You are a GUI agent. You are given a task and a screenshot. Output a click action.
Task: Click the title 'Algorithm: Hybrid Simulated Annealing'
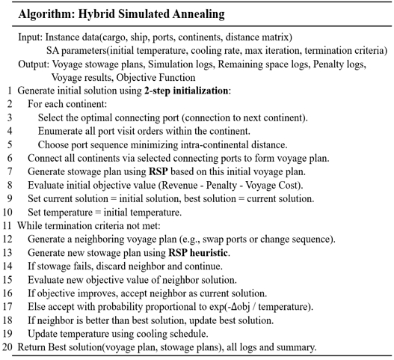(118, 13)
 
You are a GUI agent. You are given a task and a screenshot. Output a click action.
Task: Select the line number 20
(7, 347)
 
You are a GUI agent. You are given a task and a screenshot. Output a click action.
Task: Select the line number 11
(7, 225)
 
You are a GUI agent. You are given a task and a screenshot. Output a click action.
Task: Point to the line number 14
(7, 266)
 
